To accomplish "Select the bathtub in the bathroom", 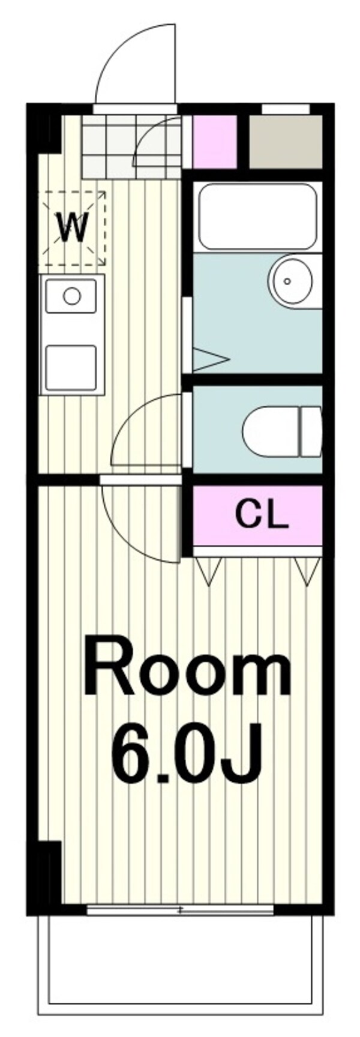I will (257, 217).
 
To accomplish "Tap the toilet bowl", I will (282, 430).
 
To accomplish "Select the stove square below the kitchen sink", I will (71, 367).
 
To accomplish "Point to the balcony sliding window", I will (180, 911).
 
